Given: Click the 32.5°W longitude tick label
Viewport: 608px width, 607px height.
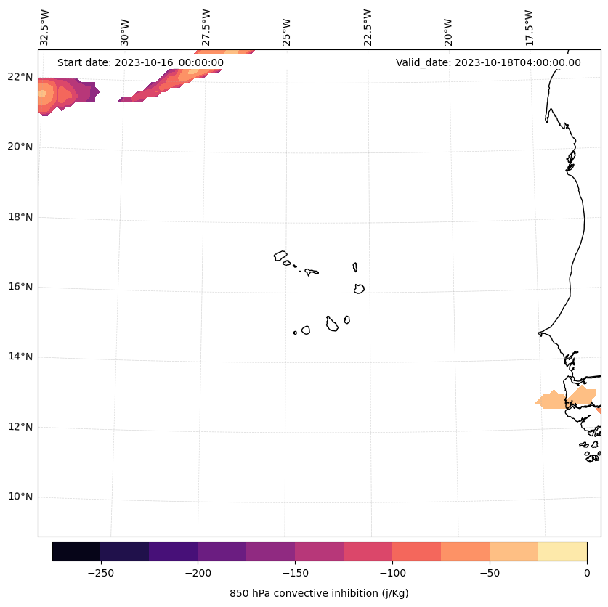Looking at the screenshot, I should coord(46,27).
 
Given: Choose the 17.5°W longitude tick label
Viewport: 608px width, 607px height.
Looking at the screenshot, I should coord(529,27).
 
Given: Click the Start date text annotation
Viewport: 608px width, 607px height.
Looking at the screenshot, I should coord(140,62).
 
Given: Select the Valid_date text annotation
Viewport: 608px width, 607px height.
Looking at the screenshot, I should coord(488,62).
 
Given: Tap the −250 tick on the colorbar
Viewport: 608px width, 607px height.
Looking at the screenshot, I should coord(100,572).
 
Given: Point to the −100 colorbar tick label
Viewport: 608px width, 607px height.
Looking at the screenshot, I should coord(392,572).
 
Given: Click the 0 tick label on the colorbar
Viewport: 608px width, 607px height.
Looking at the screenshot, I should coord(587,572).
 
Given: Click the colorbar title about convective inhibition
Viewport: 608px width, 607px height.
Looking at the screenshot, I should coord(319,593).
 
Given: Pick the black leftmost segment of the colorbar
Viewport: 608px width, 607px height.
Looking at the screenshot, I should coord(76,551).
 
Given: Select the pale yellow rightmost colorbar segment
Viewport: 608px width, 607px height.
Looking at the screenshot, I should coord(562,551).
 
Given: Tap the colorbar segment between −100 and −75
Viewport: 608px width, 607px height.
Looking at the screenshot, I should coord(416,551).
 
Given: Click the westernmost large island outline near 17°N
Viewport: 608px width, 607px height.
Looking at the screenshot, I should coord(280,256).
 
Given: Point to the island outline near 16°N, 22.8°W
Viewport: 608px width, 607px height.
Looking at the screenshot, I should coord(359,288).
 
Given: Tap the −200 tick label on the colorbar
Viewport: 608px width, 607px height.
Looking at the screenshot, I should coord(198,572).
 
